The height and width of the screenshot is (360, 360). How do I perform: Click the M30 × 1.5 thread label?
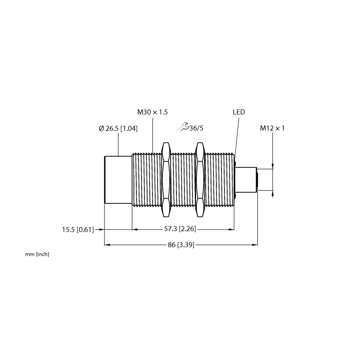pyautogui.click(x=153, y=112)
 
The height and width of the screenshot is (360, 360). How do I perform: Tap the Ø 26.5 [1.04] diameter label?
pyautogui.click(x=118, y=129)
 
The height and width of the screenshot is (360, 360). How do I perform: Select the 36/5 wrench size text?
pyautogui.click(x=196, y=128)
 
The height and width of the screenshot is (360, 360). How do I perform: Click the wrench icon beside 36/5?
pyautogui.click(x=183, y=127)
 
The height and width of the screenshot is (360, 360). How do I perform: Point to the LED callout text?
pyautogui.click(x=239, y=112)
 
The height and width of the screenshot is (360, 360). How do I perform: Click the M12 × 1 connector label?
pyautogui.click(x=272, y=128)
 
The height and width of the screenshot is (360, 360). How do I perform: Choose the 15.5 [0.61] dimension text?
pyautogui.click(x=78, y=229)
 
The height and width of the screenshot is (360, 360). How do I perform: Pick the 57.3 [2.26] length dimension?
pyautogui.click(x=180, y=229)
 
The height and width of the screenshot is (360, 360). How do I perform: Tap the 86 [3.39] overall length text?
pyautogui.click(x=181, y=245)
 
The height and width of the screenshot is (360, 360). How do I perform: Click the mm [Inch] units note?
pyautogui.click(x=37, y=254)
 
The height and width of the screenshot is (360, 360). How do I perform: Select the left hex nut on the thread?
pyautogui.click(x=166, y=180)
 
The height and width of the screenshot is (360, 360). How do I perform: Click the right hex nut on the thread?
pyautogui.click(x=200, y=180)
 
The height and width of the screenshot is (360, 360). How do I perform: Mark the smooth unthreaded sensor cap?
pyautogui.click(x=118, y=180)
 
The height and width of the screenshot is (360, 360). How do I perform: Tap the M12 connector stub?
pyautogui.click(x=246, y=180)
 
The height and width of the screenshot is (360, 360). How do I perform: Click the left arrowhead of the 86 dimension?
pyautogui.click(x=107, y=245)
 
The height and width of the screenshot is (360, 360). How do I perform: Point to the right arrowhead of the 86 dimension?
pyautogui.click(x=255, y=245)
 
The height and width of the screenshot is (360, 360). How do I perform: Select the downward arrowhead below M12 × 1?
pyautogui.click(x=273, y=166)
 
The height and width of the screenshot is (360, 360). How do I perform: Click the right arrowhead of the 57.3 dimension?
pyautogui.click(x=231, y=229)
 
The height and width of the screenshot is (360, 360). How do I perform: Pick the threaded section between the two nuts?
pyautogui.click(x=183, y=180)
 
